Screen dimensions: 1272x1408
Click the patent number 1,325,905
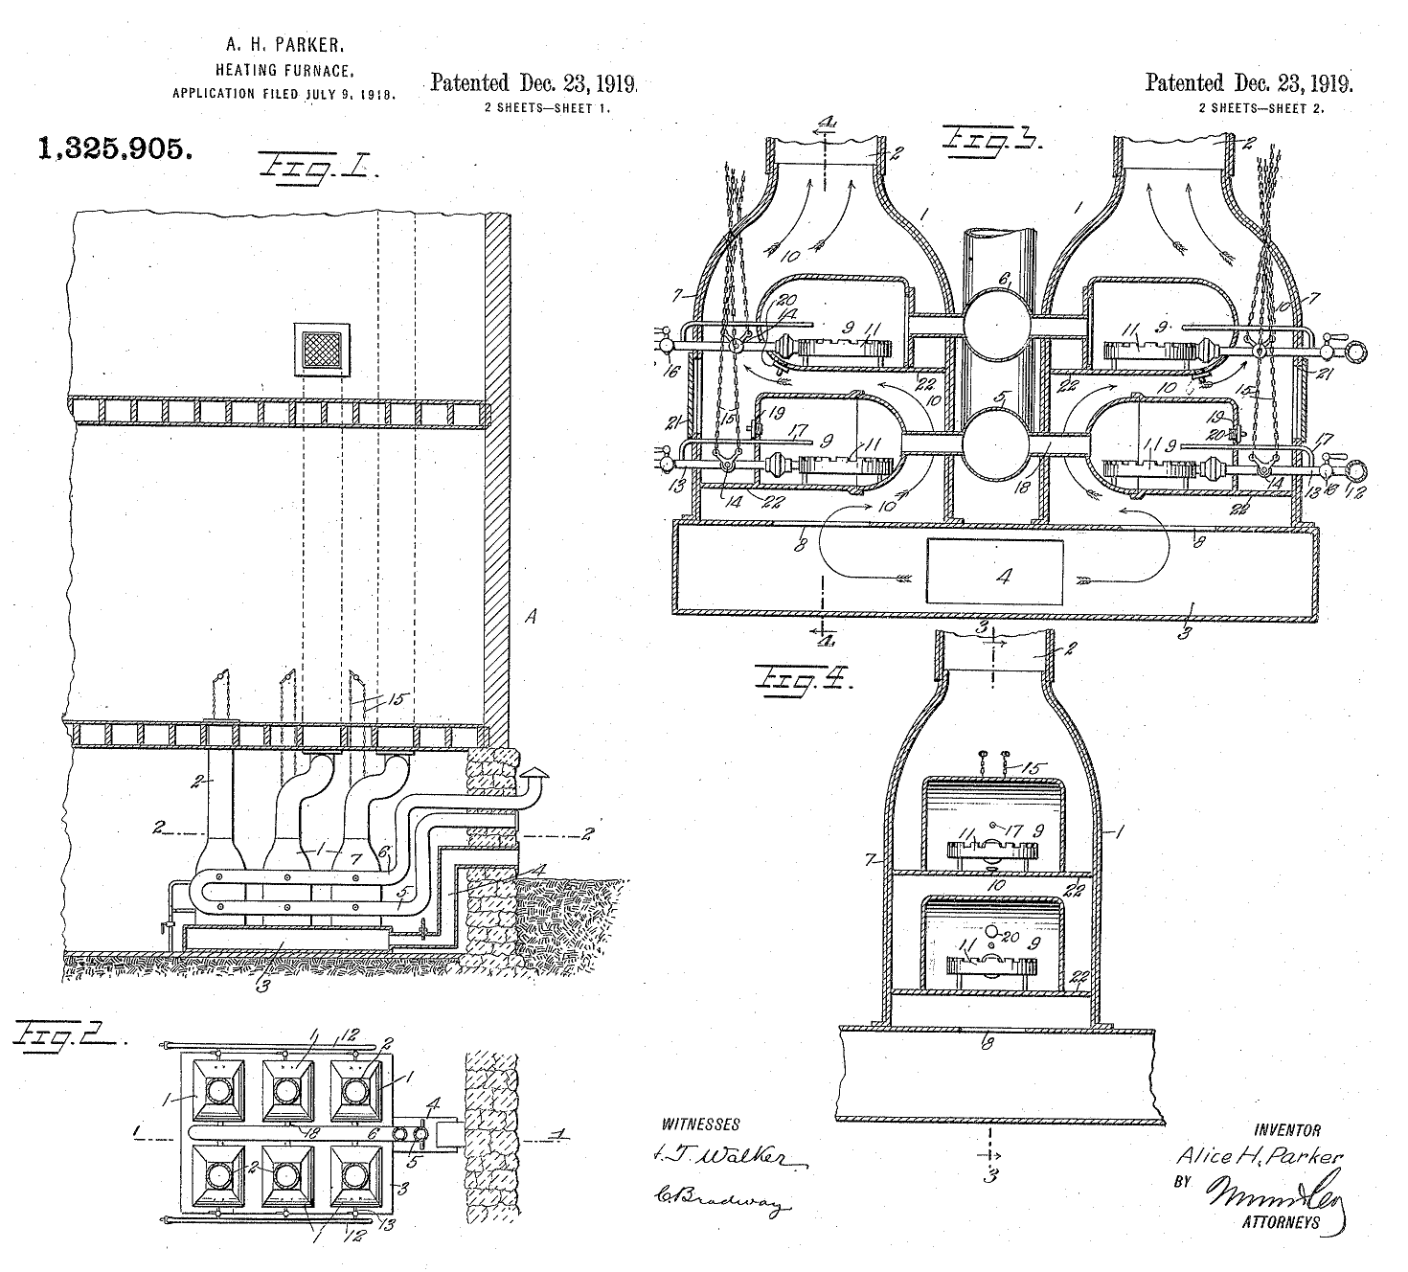(114, 148)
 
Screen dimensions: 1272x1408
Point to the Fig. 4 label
(805, 679)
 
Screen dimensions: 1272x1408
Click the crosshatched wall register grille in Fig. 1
(322, 347)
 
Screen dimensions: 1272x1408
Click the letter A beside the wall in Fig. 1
(531, 618)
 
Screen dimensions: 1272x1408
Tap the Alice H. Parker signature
(1259, 1156)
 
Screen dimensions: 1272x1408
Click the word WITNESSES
(700, 1124)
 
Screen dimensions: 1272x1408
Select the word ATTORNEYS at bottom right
(1280, 1222)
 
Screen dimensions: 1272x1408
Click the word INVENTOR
(1286, 1130)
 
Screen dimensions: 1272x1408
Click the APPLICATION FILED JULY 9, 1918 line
(284, 94)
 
